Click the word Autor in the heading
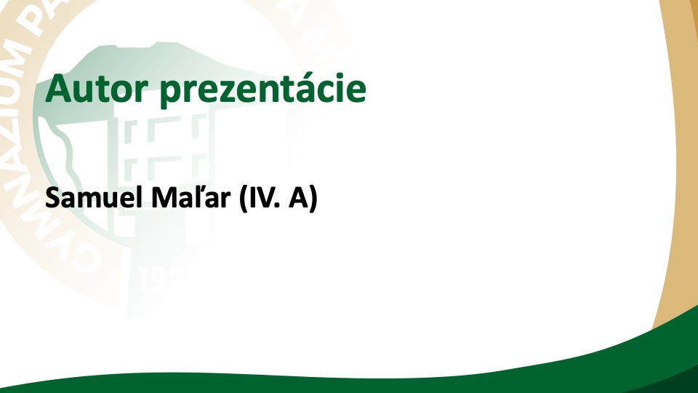tap(97, 89)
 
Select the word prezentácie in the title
tap(262, 91)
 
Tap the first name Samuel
tap(96, 198)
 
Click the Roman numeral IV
tap(259, 198)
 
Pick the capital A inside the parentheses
tap(298, 198)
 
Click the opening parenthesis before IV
tap(243, 199)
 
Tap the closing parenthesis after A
tap(313, 199)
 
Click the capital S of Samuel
tap(52, 198)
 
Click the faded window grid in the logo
tap(165, 147)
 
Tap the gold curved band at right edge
tap(677, 156)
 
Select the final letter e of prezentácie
tap(356, 93)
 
